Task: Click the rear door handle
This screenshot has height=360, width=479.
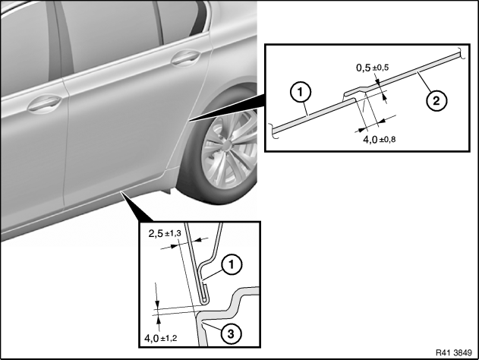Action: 186,58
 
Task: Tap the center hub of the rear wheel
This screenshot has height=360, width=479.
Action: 228,144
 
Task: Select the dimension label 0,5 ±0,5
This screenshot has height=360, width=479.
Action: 373,68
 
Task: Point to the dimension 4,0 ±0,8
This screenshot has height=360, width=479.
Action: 379,140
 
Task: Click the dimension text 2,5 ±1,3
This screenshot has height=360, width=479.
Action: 165,234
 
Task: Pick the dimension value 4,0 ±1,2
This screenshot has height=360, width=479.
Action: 161,338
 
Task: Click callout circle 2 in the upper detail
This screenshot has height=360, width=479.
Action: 436,100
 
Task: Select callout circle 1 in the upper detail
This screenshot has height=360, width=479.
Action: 301,92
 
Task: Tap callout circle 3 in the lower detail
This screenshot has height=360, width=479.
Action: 231,333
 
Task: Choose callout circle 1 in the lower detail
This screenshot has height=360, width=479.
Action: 232,264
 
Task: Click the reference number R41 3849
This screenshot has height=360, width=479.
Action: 454,352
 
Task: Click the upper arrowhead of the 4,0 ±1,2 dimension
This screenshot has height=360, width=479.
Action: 157,305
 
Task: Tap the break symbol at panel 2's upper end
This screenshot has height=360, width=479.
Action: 462,53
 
